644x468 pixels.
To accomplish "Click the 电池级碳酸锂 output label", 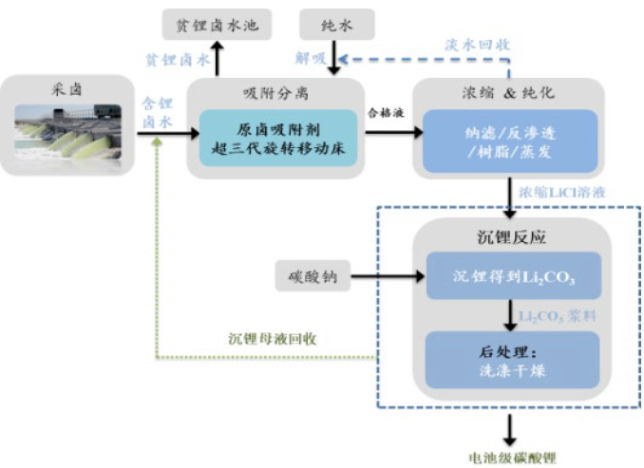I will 513,458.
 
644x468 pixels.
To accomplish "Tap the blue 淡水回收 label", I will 473,45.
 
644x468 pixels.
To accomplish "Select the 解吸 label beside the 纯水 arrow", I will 308,59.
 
